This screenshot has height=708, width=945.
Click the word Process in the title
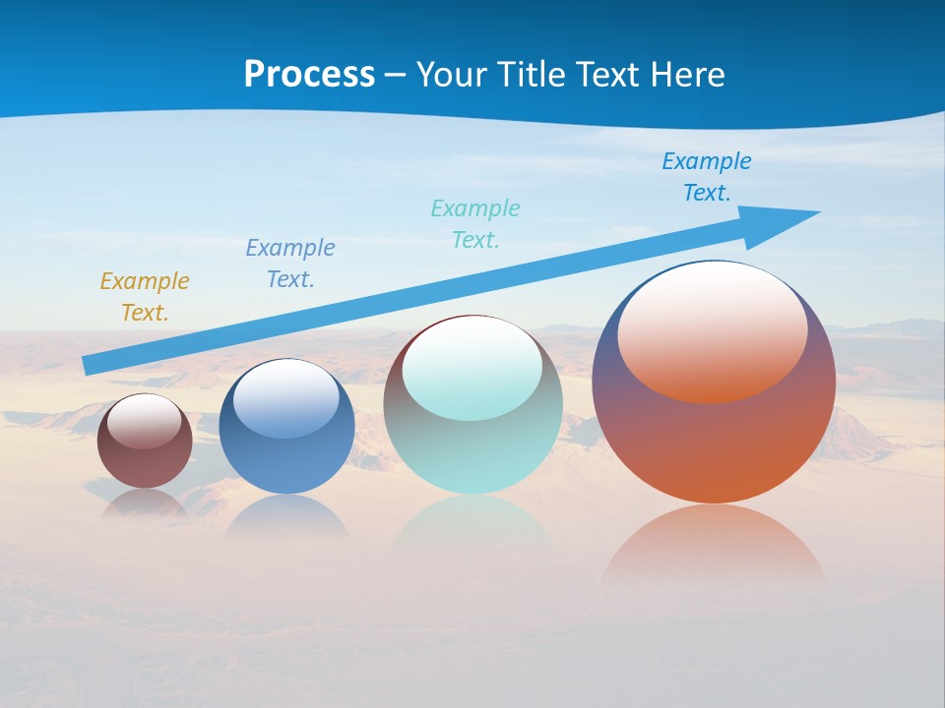point(309,75)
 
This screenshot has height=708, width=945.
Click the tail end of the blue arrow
point(89,365)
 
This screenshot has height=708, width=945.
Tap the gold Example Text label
point(145,297)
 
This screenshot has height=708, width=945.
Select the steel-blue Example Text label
point(290,264)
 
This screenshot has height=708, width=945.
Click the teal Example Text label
point(475,223)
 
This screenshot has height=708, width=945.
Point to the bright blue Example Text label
point(707,176)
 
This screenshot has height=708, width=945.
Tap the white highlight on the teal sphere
point(472,366)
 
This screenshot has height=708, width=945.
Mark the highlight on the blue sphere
point(286,397)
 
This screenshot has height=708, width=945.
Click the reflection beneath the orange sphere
point(714,546)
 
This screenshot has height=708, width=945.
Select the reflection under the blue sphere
point(286,516)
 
